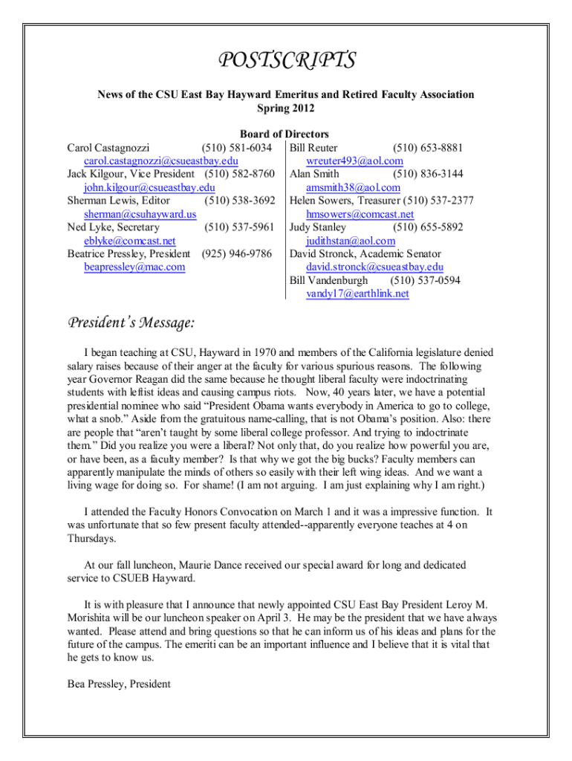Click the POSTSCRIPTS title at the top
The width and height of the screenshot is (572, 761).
(286, 60)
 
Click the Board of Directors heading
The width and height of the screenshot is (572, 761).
(285, 134)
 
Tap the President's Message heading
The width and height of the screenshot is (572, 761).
(131, 323)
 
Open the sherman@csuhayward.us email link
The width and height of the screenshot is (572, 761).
(140, 214)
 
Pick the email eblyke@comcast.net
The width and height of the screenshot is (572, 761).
(130, 241)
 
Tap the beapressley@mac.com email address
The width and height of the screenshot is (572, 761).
(134, 268)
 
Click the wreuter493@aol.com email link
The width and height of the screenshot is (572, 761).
(354, 161)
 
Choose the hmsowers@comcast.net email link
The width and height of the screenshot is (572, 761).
(360, 214)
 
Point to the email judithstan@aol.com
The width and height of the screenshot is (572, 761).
(351, 241)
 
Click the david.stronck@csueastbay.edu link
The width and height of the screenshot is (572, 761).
(374, 268)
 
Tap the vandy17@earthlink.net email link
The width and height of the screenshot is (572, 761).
(357, 294)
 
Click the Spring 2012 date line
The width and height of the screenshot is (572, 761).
(286, 109)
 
